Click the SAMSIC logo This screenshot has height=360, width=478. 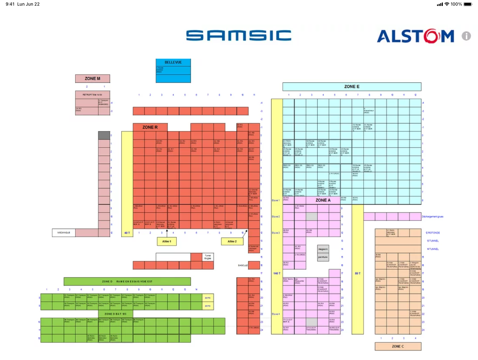click(239, 36)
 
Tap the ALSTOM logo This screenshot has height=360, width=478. click(415, 36)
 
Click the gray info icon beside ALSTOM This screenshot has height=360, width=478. click(466, 36)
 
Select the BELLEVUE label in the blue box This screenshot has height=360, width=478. click(173, 62)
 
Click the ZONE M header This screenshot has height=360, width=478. click(92, 78)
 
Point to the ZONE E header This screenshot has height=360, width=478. click(352, 86)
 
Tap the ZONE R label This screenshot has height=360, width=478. click(150, 127)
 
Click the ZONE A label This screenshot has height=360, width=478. click(323, 200)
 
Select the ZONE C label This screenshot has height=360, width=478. click(398, 346)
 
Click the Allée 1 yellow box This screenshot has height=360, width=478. click(167, 242)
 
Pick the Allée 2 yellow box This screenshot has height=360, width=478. click(232, 242)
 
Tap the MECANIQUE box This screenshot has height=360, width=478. click(64, 233)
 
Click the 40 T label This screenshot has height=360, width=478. click(127, 233)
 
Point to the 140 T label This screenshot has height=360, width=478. click(277, 273)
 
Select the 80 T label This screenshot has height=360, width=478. click(357, 273)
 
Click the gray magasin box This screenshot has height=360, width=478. click(323, 249)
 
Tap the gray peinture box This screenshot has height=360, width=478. click(323, 257)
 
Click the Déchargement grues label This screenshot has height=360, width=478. click(433, 217)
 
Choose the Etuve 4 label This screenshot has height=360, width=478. click(276, 314)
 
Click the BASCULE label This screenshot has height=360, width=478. click(243, 265)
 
